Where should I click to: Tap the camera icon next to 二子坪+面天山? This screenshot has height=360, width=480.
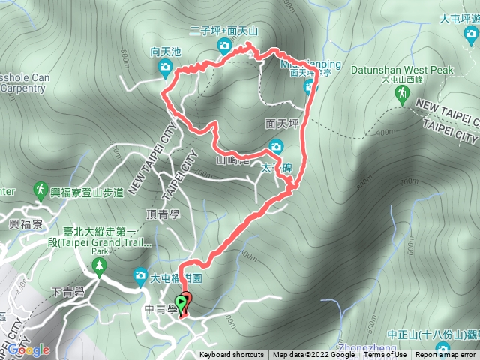(223, 47)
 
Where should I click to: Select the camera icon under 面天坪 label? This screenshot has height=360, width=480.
(276, 147)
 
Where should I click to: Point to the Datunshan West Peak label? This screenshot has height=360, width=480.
(402, 70)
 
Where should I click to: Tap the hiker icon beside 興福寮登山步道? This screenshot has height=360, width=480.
(40, 193)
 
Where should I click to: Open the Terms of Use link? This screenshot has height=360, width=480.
(385, 355)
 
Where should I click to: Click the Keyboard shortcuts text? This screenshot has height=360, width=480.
(231, 355)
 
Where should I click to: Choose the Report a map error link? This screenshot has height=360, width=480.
(447, 355)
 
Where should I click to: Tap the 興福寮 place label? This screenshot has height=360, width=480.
(24, 223)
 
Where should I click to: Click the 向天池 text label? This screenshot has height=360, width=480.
(166, 52)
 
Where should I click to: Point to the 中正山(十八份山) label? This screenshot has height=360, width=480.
(433, 334)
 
